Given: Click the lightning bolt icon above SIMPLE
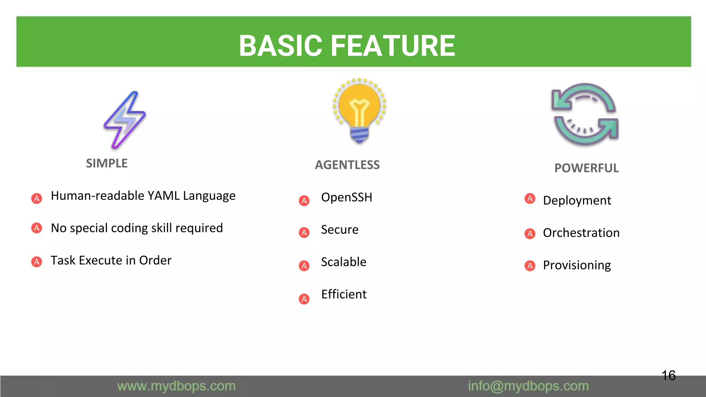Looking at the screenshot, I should (x=125, y=120).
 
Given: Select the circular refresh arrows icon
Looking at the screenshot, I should (x=585, y=114).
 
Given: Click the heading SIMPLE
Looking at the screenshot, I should (x=107, y=163).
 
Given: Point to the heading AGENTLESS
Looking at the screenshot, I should (x=347, y=165).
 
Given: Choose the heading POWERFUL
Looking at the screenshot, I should (x=586, y=168).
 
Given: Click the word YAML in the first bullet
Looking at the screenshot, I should (x=163, y=196).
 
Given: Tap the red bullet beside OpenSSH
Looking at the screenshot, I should (x=304, y=201).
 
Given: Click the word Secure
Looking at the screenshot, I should (x=340, y=230).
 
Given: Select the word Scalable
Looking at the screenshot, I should (x=343, y=262).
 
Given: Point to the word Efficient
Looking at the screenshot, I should (x=344, y=295).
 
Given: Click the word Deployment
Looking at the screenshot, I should (x=577, y=201).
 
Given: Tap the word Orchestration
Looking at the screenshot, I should (x=581, y=233).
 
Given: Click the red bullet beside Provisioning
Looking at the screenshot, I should (x=530, y=266).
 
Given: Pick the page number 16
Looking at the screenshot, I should (x=668, y=376).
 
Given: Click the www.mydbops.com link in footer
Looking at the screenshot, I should (x=176, y=386).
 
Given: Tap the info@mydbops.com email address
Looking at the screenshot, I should (x=528, y=386).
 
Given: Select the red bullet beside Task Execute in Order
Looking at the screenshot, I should (x=37, y=262).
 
